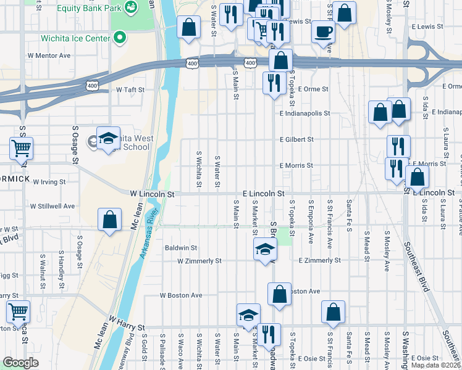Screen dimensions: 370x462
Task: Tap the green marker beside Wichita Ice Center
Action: pos(120,37)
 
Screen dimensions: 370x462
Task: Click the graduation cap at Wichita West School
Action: pos(108,138)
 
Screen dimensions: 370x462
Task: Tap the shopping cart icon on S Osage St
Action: pos(21,148)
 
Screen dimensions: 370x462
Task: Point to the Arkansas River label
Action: pos(149,233)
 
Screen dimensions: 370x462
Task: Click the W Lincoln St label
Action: pos(152,194)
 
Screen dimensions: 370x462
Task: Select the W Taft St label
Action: pos(130,89)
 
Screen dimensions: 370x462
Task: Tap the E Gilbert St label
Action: pos(296,140)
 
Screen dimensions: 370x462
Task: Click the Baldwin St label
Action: pos(180,248)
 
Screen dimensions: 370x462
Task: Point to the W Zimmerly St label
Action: pos(199,261)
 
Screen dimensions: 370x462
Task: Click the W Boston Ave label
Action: pos(181,295)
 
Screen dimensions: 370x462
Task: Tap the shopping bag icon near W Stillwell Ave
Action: pos(109,220)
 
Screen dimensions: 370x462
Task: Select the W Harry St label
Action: pos(126,324)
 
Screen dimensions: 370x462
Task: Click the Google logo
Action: pos(20,363)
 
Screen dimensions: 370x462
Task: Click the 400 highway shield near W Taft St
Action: pos(92,85)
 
